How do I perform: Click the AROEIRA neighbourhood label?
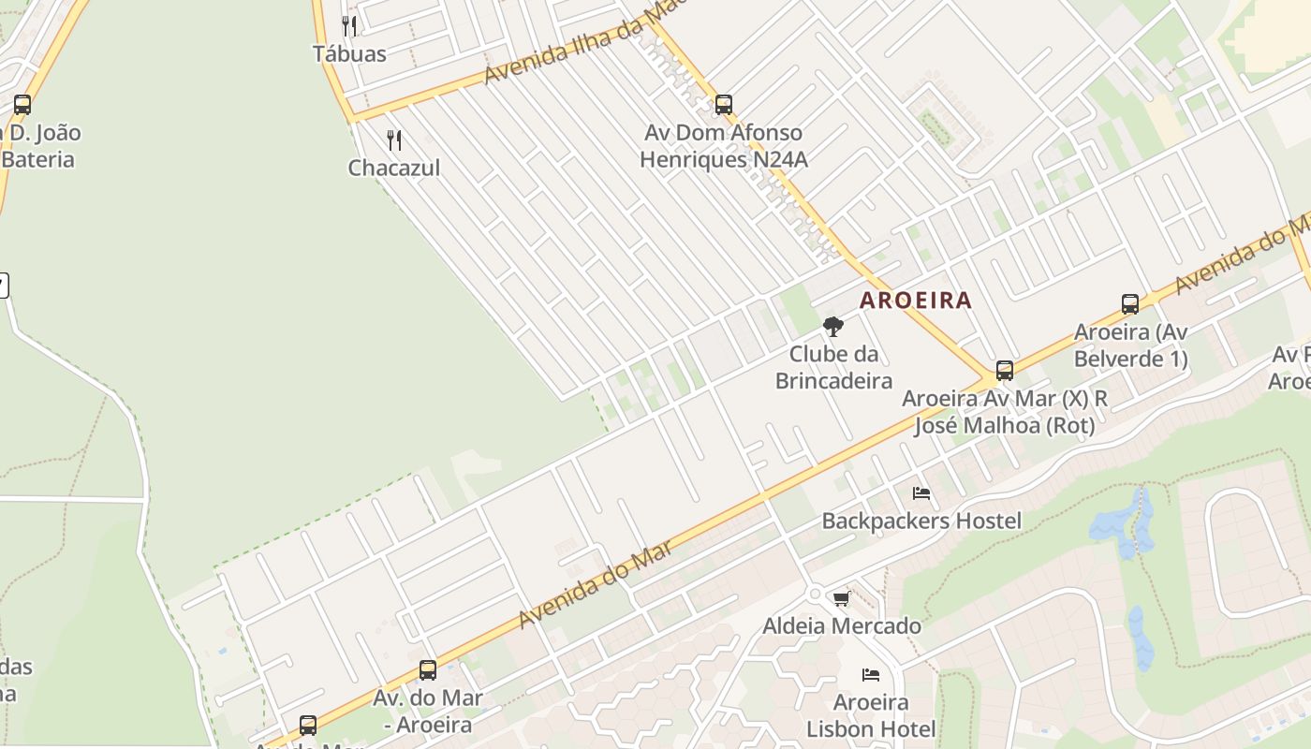916,301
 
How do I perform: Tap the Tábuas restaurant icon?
349,25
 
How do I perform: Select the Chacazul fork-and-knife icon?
394,140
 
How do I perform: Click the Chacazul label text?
394,168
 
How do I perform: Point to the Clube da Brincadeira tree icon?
832,327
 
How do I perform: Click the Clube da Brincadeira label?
833,367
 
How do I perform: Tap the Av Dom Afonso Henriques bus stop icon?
723,105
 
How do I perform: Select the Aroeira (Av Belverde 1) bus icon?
1130,304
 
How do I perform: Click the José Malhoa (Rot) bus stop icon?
1005,371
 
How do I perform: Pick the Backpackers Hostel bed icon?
921,493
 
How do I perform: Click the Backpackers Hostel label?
921,521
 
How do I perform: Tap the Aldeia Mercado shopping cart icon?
841,598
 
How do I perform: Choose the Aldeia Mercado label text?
842,625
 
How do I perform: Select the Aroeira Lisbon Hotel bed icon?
871,675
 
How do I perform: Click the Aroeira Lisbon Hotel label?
871,715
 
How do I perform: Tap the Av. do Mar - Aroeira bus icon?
428,670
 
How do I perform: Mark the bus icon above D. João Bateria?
22,105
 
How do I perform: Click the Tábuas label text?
349,53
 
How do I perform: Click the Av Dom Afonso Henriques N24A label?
723,146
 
